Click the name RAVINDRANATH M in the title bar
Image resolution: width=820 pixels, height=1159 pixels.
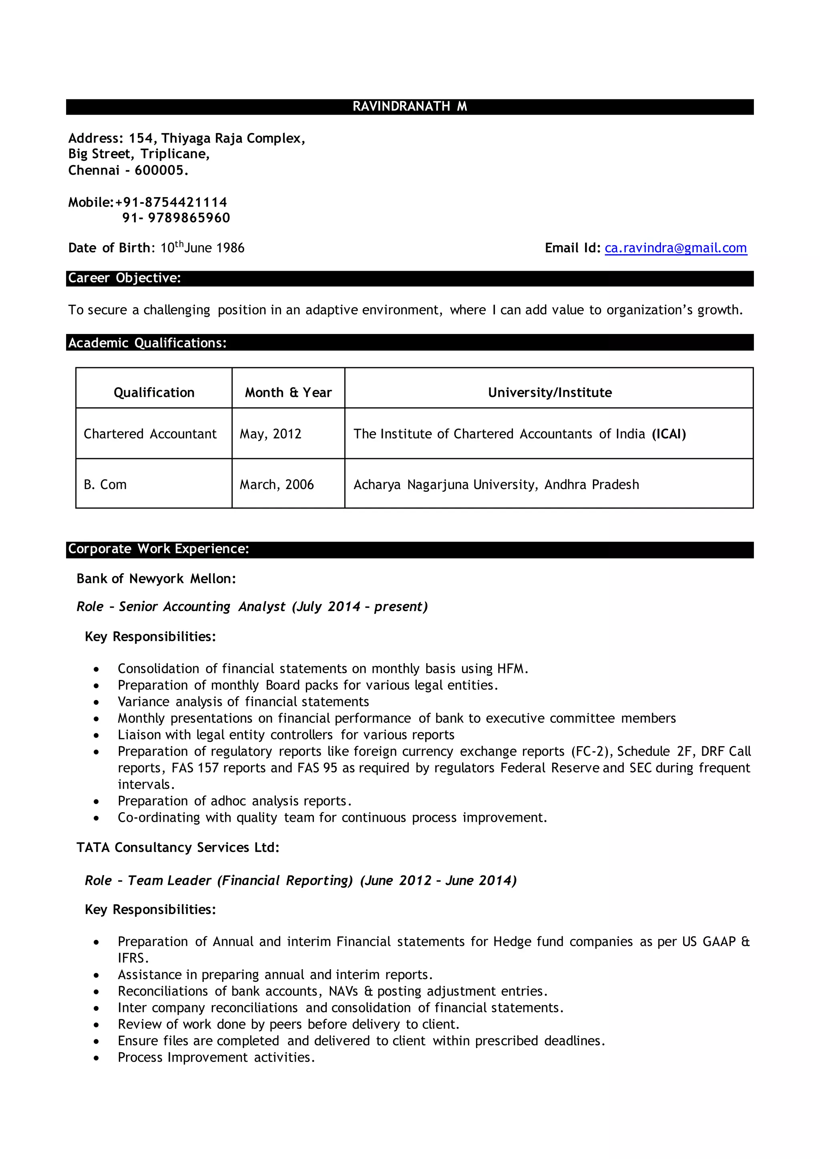pos(410,107)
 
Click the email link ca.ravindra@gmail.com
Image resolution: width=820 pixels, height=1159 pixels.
pos(675,248)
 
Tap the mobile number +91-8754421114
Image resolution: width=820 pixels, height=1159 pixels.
pos(171,203)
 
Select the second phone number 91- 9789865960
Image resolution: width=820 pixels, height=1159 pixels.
pos(176,218)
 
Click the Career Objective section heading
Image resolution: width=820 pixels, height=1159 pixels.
pos(124,278)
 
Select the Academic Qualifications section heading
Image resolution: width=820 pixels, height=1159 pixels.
pos(147,343)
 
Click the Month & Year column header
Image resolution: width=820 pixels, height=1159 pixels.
pos(288,392)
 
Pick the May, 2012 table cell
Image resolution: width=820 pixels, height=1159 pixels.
pos(270,434)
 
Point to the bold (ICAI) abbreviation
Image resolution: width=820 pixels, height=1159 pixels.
pos(669,434)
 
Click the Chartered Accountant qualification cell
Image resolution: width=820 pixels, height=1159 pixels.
pos(150,434)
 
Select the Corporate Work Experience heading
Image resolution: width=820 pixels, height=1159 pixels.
pos(158,549)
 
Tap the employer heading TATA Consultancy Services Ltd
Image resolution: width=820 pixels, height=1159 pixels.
pos(177,847)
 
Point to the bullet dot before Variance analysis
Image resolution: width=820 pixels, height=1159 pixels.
pos(96,702)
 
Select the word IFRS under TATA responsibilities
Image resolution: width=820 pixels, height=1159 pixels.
pos(132,958)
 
